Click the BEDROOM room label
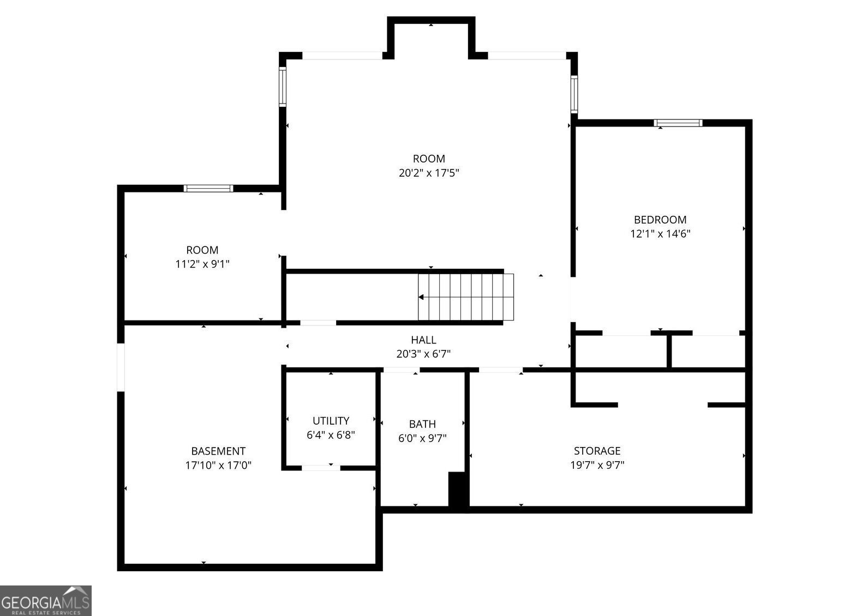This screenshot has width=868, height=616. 660,220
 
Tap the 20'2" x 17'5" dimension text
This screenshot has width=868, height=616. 429,173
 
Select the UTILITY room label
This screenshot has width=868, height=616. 331,421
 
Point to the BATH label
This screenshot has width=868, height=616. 422,424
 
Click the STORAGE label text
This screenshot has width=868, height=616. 597,451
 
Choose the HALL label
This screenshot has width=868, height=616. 423,340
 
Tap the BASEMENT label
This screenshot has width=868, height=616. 218,451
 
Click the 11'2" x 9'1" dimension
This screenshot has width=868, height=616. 202,264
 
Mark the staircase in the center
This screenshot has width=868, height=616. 466,297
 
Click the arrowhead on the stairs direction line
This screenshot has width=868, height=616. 421,297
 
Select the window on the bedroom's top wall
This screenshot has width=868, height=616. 678,123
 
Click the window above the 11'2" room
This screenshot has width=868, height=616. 208,189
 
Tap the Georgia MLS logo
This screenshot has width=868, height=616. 45,601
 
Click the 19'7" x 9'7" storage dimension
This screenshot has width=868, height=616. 597,465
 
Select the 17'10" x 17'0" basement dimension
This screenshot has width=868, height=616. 218,466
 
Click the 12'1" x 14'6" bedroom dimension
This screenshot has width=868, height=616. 660,234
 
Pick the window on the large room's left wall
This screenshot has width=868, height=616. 283,87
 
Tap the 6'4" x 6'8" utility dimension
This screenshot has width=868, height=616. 331,435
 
